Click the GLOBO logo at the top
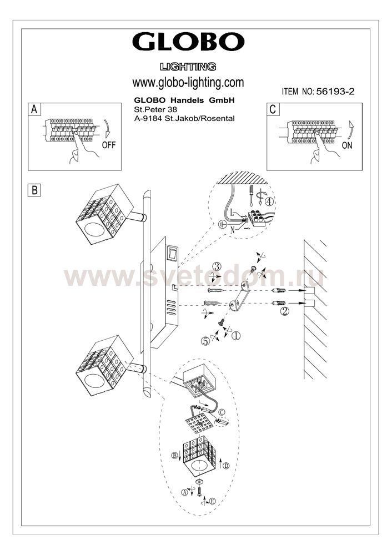(188, 42)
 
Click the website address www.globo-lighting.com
(188, 83)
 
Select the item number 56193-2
(335, 92)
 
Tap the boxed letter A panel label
(34, 109)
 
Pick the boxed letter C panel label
(273, 109)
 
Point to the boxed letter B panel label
(34, 190)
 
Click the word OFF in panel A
(109, 145)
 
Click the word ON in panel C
(347, 145)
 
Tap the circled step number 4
(269, 202)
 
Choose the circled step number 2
(285, 311)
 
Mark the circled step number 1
(236, 335)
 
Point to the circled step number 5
(205, 341)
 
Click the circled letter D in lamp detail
(226, 466)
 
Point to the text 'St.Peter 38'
(155, 110)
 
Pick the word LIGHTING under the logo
(188, 67)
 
